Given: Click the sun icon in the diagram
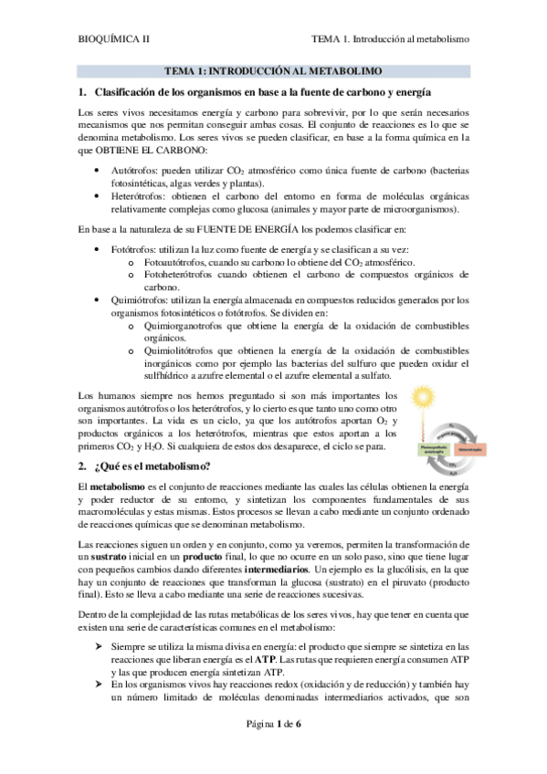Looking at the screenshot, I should pyautogui.click(x=424, y=397).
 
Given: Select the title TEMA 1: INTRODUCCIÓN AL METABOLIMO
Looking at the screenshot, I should pyautogui.click(x=272, y=70).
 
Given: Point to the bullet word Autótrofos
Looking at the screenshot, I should pyautogui.click(x=131, y=170).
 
